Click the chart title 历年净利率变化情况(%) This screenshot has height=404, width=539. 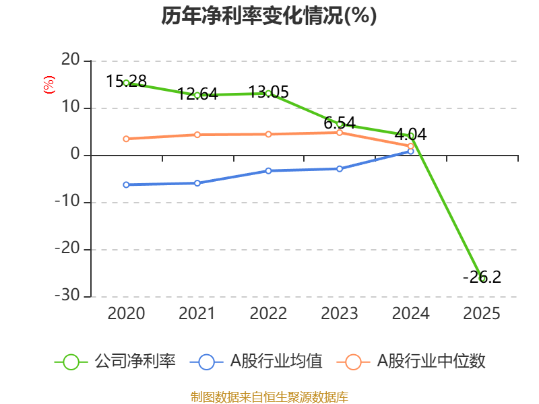[269, 16]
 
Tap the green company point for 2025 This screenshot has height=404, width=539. [482, 278]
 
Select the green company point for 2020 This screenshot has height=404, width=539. [126, 83]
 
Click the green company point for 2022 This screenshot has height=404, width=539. [268, 94]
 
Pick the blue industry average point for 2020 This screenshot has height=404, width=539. [126, 184]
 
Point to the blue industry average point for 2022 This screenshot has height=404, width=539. [268, 170]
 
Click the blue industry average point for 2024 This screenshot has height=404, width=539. [411, 151]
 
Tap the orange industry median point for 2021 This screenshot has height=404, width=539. [197, 135]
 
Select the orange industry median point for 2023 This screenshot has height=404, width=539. [340, 133]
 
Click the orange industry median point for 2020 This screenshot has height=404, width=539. [126, 139]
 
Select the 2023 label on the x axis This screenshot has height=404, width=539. [340, 314]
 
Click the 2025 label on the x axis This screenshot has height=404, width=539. [482, 314]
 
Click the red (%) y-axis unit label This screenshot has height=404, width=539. [49, 85]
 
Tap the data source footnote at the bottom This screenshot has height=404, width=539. [269, 397]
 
